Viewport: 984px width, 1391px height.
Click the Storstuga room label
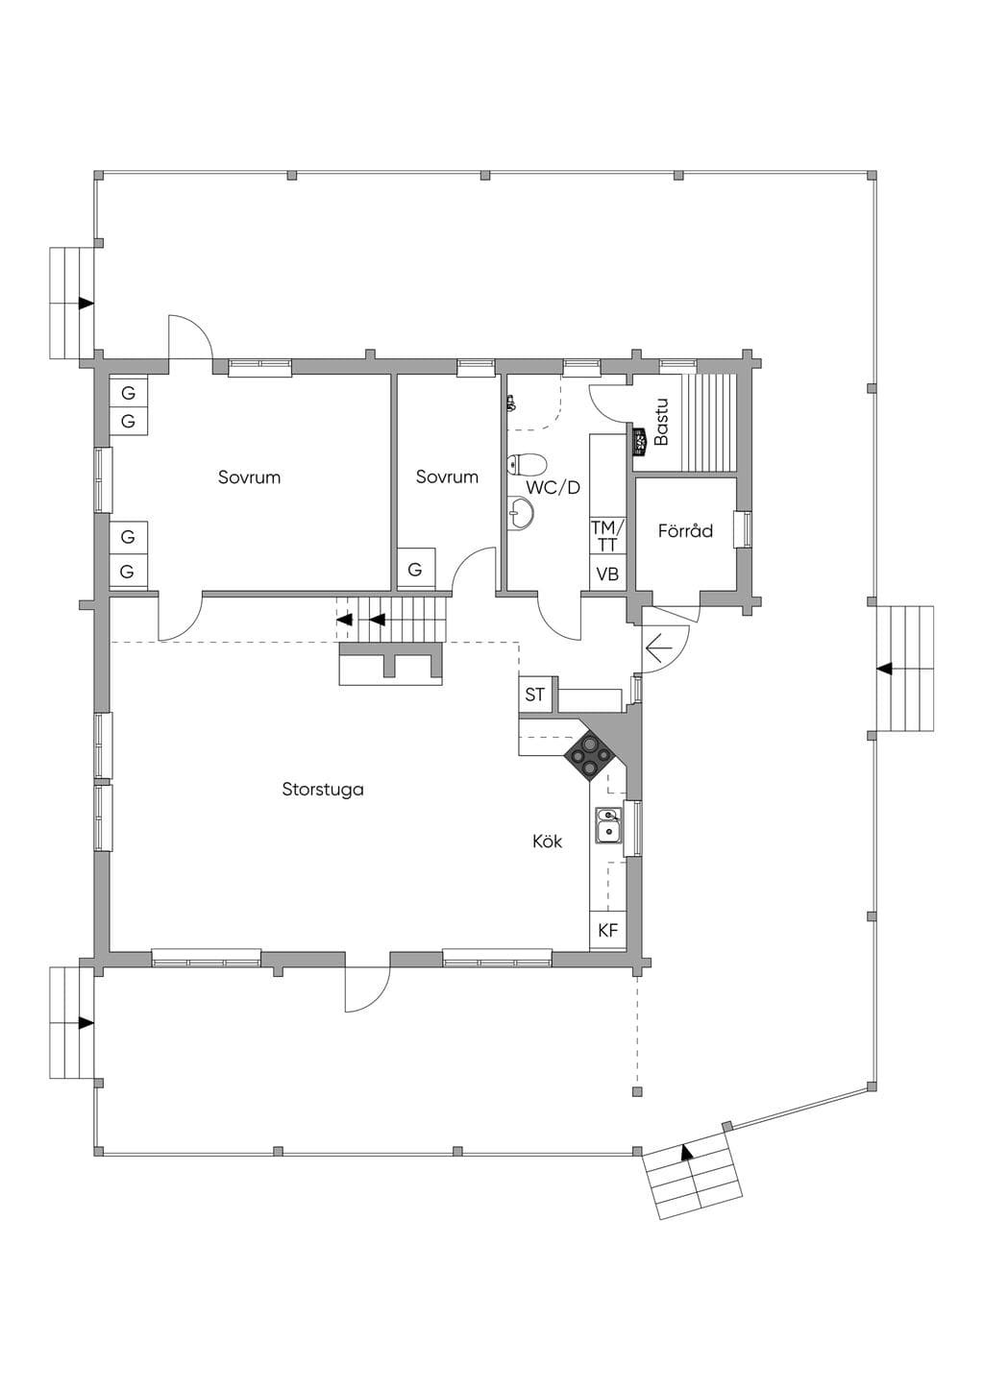[323, 790]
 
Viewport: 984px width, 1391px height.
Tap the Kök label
[548, 842]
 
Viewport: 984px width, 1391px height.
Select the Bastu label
[661, 422]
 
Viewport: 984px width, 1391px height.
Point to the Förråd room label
[685, 531]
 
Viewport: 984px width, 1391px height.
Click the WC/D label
[553, 487]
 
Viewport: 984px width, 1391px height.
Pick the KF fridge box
[607, 930]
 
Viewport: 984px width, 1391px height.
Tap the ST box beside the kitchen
[534, 695]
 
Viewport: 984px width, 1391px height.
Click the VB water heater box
[607, 574]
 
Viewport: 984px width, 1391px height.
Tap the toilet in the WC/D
[527, 463]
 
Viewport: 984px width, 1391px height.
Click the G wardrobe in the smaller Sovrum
[415, 569]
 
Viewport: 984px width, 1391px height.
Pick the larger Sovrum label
[249, 477]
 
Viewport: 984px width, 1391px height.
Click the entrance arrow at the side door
[659, 648]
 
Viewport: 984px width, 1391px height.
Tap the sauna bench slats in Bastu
[709, 424]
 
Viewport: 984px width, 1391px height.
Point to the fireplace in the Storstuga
[391, 665]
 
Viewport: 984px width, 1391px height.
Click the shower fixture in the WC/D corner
[511, 403]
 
